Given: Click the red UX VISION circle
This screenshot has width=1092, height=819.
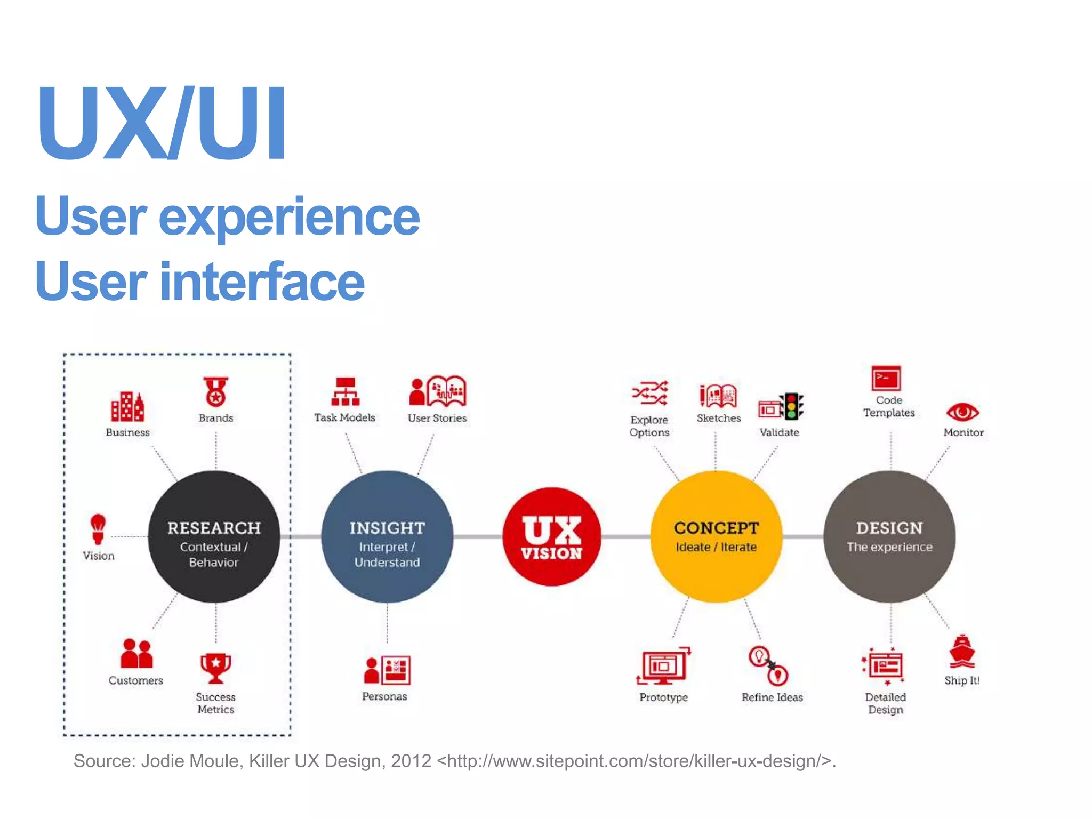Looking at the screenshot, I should click(x=552, y=536).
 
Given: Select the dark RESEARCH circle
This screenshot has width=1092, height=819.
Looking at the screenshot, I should click(x=214, y=537).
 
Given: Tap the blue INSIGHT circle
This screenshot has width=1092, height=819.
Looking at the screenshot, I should click(x=387, y=537).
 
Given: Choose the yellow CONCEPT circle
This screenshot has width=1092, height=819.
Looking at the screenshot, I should click(x=716, y=537).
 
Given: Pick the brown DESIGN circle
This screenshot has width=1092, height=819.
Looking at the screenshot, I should click(x=889, y=537).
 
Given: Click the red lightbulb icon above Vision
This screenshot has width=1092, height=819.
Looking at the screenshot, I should click(x=98, y=528).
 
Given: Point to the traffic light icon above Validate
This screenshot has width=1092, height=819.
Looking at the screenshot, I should click(x=792, y=406).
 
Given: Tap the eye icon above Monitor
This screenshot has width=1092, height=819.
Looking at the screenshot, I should click(x=962, y=412).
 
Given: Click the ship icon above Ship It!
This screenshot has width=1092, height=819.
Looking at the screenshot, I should click(x=961, y=652).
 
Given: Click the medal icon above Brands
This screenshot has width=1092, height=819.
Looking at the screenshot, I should click(x=215, y=392).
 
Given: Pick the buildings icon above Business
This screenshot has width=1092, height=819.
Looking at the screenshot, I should click(x=127, y=407).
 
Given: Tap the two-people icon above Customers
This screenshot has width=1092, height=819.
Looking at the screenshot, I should click(x=136, y=654).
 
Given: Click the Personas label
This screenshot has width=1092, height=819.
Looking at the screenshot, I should click(x=384, y=696).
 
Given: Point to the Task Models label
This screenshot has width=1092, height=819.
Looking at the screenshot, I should click(x=344, y=417).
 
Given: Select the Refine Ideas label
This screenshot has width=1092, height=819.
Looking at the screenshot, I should click(x=772, y=697).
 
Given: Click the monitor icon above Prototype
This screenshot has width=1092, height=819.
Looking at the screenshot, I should click(x=663, y=666).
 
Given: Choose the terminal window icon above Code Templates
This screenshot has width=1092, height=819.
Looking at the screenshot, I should click(x=886, y=379).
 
